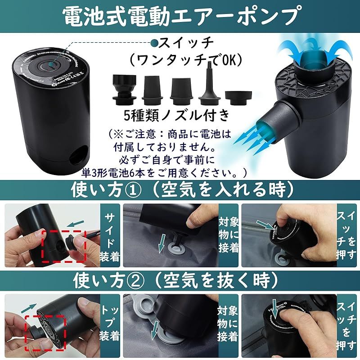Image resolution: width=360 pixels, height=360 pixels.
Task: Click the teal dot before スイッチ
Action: (x=154, y=44)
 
